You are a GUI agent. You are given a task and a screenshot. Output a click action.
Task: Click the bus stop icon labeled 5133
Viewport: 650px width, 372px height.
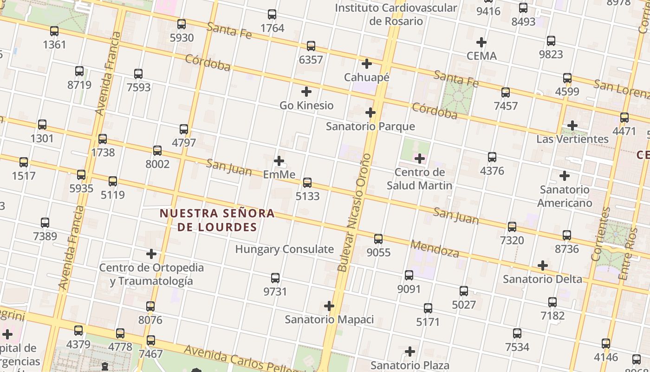(x=307, y=182)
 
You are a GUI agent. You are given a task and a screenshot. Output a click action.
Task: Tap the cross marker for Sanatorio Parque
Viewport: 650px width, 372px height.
(x=370, y=113)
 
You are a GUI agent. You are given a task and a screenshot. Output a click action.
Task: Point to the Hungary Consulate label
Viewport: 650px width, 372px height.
(x=284, y=249)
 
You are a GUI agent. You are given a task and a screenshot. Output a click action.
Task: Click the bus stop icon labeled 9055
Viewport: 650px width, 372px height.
(x=378, y=239)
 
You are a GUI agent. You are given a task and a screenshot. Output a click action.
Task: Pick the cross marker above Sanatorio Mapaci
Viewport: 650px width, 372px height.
(x=329, y=306)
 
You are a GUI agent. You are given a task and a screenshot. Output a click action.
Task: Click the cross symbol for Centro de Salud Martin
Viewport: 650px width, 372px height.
(x=420, y=159)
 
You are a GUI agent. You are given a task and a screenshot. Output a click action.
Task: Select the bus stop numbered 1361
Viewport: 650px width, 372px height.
(x=54, y=31)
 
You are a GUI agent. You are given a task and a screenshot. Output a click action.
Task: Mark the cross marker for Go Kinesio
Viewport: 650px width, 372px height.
(x=306, y=92)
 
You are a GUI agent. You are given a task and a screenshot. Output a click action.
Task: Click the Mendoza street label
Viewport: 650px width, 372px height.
(x=435, y=249)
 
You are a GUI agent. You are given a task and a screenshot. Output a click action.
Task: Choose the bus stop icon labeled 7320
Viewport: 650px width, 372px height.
(x=512, y=227)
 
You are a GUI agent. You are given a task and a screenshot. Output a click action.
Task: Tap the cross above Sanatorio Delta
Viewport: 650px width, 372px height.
(x=542, y=266)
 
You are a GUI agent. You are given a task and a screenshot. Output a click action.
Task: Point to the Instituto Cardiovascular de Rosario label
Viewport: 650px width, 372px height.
(x=396, y=14)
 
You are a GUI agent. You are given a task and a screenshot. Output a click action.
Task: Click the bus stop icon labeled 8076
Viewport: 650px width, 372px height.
(x=150, y=306)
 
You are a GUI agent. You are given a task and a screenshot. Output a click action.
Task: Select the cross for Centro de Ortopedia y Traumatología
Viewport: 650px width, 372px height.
(x=151, y=254)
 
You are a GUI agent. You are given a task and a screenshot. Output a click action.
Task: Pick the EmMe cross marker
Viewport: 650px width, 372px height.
(x=279, y=161)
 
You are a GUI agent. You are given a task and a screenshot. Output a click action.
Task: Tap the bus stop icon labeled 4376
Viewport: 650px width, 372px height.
(x=492, y=157)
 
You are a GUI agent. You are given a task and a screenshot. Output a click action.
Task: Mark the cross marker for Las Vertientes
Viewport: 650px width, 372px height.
(x=572, y=126)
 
